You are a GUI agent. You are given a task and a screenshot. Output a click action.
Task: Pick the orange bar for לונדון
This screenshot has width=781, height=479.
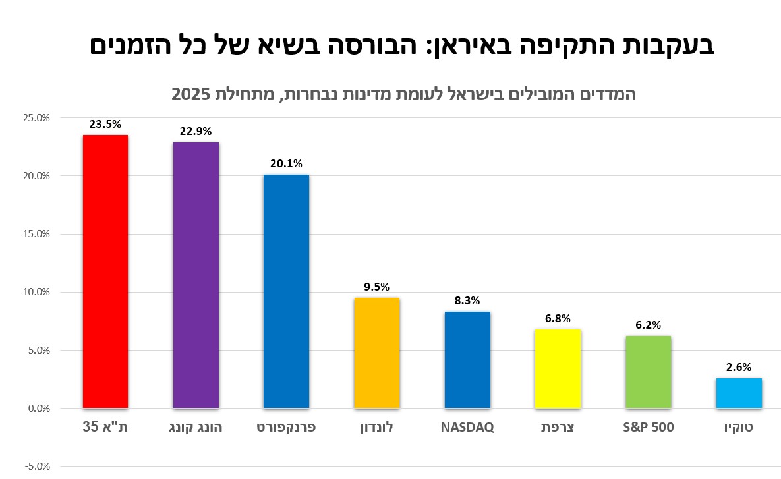click(376, 353)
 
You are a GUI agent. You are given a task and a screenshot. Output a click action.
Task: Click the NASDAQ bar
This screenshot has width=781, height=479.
click(467, 360)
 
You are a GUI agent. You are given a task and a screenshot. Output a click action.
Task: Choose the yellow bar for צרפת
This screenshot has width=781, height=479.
click(558, 369)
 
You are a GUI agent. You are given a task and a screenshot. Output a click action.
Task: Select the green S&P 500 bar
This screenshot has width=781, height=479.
click(648, 372)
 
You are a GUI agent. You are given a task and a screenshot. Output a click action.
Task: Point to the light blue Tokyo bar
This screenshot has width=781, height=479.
click(739, 393)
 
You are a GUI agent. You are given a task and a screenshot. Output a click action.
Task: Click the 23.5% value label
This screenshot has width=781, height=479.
click(105, 124)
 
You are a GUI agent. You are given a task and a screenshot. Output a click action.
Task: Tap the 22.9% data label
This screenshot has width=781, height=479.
click(196, 131)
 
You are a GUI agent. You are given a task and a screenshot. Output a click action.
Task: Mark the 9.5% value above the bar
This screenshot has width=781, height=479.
click(376, 287)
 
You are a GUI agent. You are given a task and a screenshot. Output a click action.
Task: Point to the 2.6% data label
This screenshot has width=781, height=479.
click(739, 367)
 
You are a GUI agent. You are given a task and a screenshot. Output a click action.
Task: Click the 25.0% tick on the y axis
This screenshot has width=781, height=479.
click(36, 118)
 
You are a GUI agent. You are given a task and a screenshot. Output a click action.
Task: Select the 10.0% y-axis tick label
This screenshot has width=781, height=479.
click(36, 292)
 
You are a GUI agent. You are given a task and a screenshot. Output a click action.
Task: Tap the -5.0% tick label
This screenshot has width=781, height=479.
click(36, 466)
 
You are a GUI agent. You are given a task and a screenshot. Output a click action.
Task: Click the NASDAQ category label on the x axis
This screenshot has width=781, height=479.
click(467, 427)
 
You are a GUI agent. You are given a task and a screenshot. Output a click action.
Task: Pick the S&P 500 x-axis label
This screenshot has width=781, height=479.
click(648, 427)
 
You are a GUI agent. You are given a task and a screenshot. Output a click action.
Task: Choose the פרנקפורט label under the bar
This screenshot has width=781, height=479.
click(286, 427)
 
